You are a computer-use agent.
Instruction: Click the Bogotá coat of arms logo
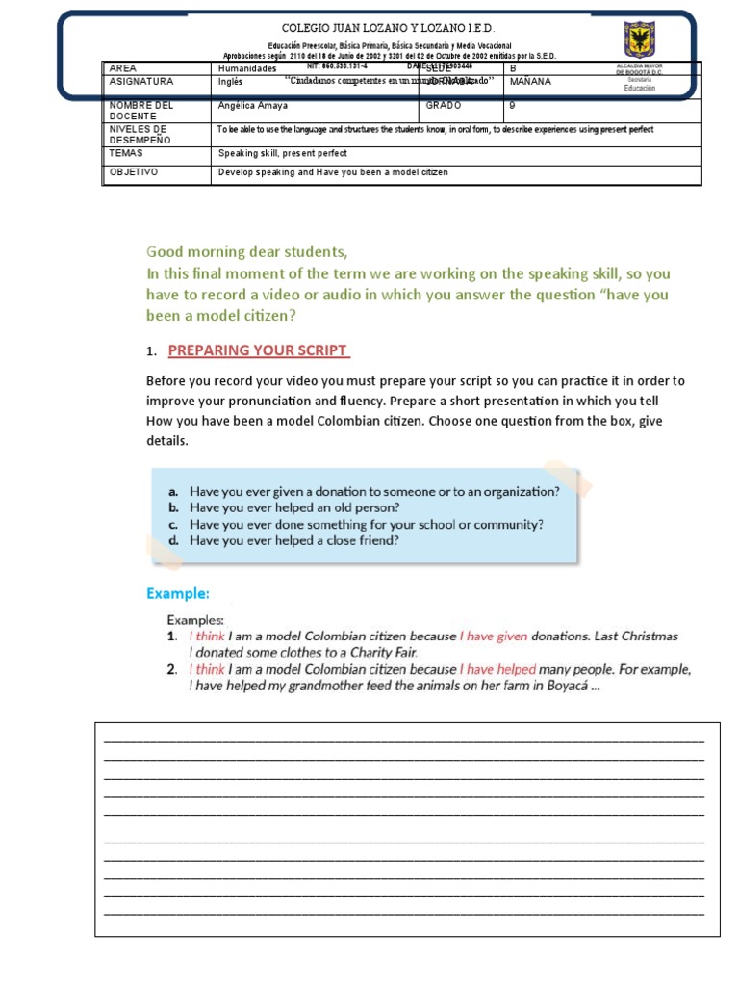tap(639, 41)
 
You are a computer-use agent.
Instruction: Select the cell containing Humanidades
tap(247, 69)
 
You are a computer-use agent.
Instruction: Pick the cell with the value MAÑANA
tap(530, 82)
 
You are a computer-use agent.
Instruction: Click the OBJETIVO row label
tap(134, 172)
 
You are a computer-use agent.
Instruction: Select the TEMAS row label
tap(127, 153)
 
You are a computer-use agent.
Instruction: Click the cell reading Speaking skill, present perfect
tap(283, 154)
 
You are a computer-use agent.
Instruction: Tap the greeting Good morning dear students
tap(246, 252)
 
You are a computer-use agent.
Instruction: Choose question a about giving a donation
tap(373, 491)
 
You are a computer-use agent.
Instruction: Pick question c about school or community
tap(366, 525)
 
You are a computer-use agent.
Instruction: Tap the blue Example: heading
tap(178, 593)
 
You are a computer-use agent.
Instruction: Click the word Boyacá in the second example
tap(551, 687)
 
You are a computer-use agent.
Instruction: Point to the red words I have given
tap(494, 636)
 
